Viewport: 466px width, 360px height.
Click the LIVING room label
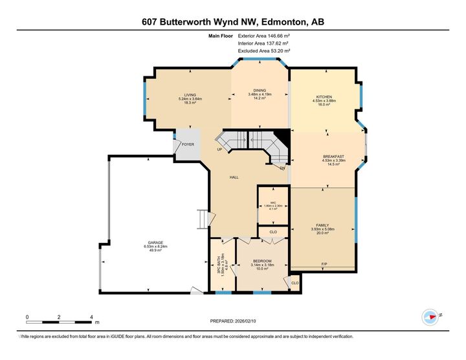click(x=190, y=95)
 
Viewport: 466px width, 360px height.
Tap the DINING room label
click(x=260, y=90)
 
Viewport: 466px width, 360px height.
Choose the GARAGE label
click(x=155, y=243)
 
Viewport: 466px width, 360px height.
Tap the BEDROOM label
click(x=261, y=260)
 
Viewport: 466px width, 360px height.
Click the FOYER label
click(x=188, y=144)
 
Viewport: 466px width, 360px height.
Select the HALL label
click(x=235, y=177)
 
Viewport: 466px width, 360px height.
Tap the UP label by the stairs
click(x=219, y=150)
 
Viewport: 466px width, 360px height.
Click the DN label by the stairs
click(x=283, y=168)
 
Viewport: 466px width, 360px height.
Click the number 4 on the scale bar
click(x=91, y=316)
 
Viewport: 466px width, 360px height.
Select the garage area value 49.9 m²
click(x=155, y=252)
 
